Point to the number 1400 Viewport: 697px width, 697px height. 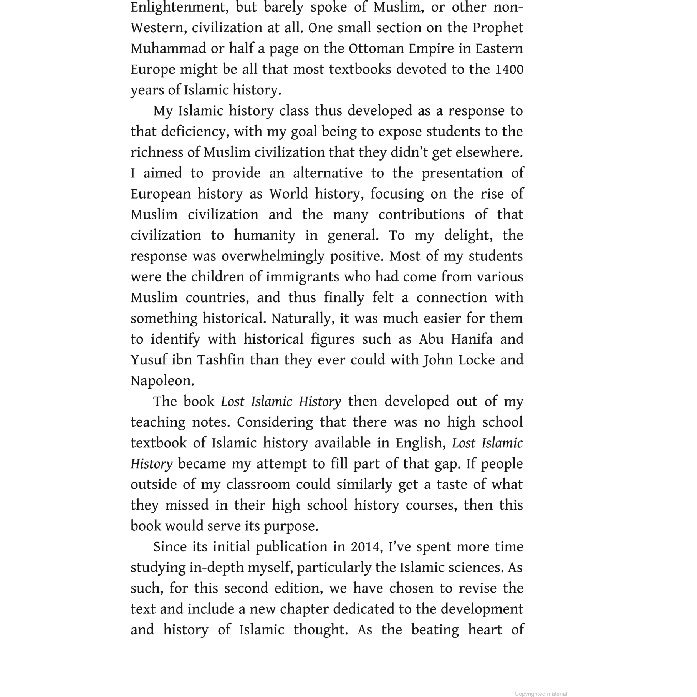click(509, 70)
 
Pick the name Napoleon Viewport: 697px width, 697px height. click(162, 381)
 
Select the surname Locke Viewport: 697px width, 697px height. click(471, 360)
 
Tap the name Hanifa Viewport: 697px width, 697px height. click(472, 339)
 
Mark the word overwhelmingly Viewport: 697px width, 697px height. click(273, 257)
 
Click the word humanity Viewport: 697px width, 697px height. click(264, 235)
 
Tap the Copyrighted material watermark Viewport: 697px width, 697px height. click(541, 694)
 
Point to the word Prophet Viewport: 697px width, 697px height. click(498, 28)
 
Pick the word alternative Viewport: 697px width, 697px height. click(328, 173)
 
